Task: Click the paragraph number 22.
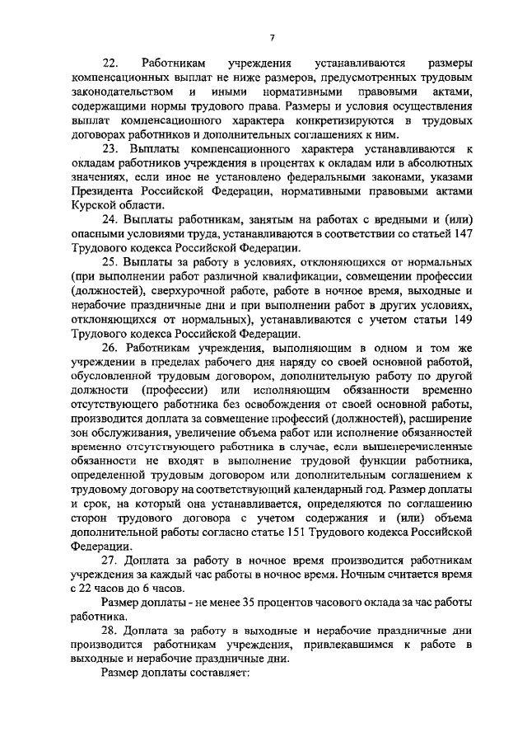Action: (109, 63)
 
